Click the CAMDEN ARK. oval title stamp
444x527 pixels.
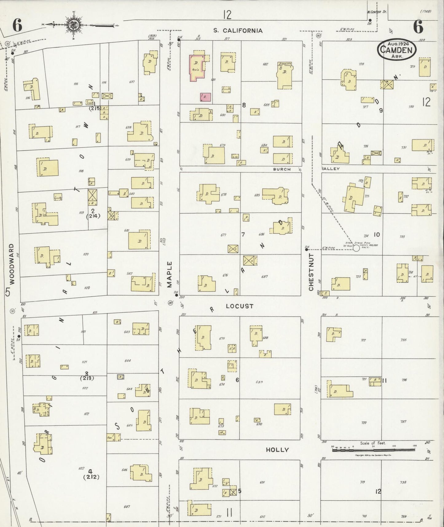tap(396, 50)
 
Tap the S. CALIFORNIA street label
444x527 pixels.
tap(238, 30)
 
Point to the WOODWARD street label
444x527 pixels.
tap(12, 264)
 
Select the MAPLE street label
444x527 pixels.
tap(169, 274)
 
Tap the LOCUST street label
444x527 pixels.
tap(239, 306)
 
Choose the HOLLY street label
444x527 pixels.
tap(277, 450)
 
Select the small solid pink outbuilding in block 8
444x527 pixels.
tap(205, 97)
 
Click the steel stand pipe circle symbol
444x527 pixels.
tap(356, 248)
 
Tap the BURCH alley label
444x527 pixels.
tap(282, 169)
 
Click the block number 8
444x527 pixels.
tap(244, 105)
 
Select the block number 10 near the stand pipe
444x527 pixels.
tap(376, 235)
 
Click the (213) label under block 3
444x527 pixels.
tap(87, 378)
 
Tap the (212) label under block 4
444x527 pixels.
tap(91, 477)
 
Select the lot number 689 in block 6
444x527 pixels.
tap(259, 382)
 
